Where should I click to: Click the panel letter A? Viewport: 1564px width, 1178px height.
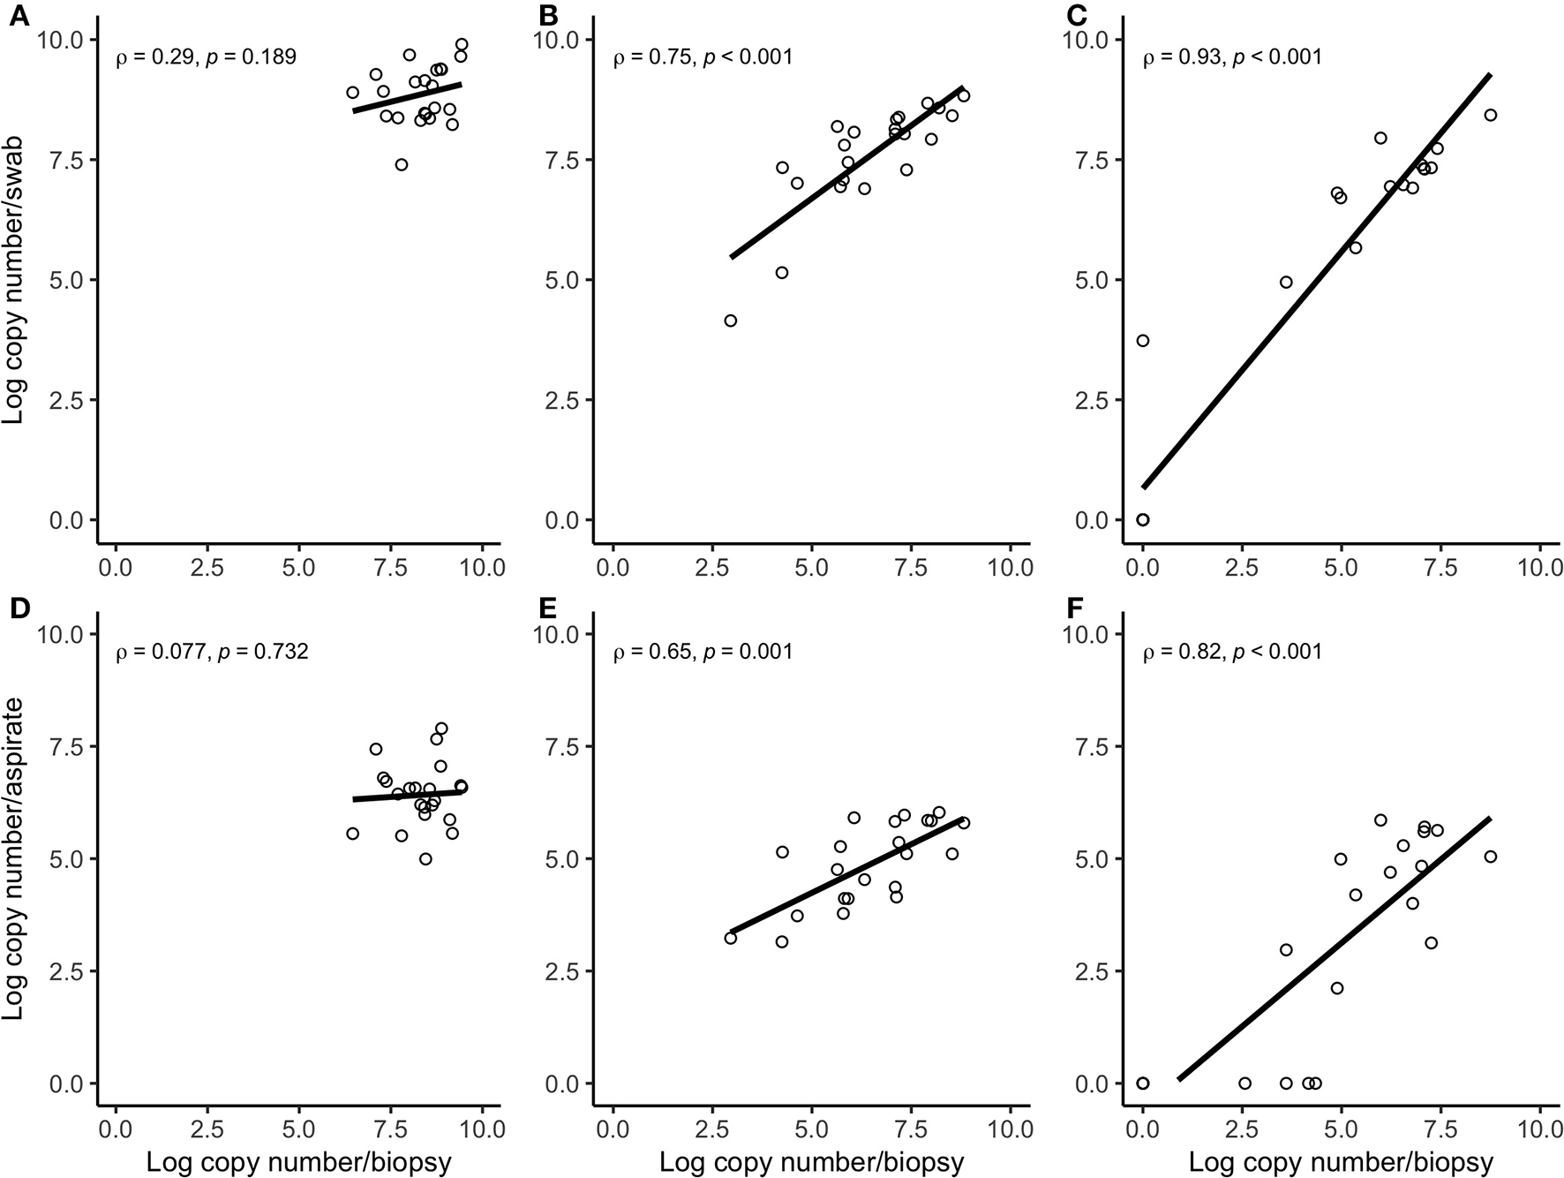18,15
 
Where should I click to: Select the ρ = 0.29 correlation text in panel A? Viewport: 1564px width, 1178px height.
206,58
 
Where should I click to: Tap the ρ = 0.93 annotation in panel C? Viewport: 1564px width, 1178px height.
1232,58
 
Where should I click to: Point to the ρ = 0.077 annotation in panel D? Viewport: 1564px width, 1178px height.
212,653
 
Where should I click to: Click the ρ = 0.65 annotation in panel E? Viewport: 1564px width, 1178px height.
703,653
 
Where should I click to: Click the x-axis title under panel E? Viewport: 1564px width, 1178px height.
811,1162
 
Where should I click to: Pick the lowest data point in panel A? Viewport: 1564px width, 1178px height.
402,164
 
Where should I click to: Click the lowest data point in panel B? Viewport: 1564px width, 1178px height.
730,321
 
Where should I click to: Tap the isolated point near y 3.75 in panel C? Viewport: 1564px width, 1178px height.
1143,341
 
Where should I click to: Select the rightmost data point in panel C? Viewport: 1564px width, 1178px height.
1490,115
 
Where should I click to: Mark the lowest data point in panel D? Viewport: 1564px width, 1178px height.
425,858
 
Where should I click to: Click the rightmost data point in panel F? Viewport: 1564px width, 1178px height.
1490,857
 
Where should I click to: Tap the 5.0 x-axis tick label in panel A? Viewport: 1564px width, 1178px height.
298,566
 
